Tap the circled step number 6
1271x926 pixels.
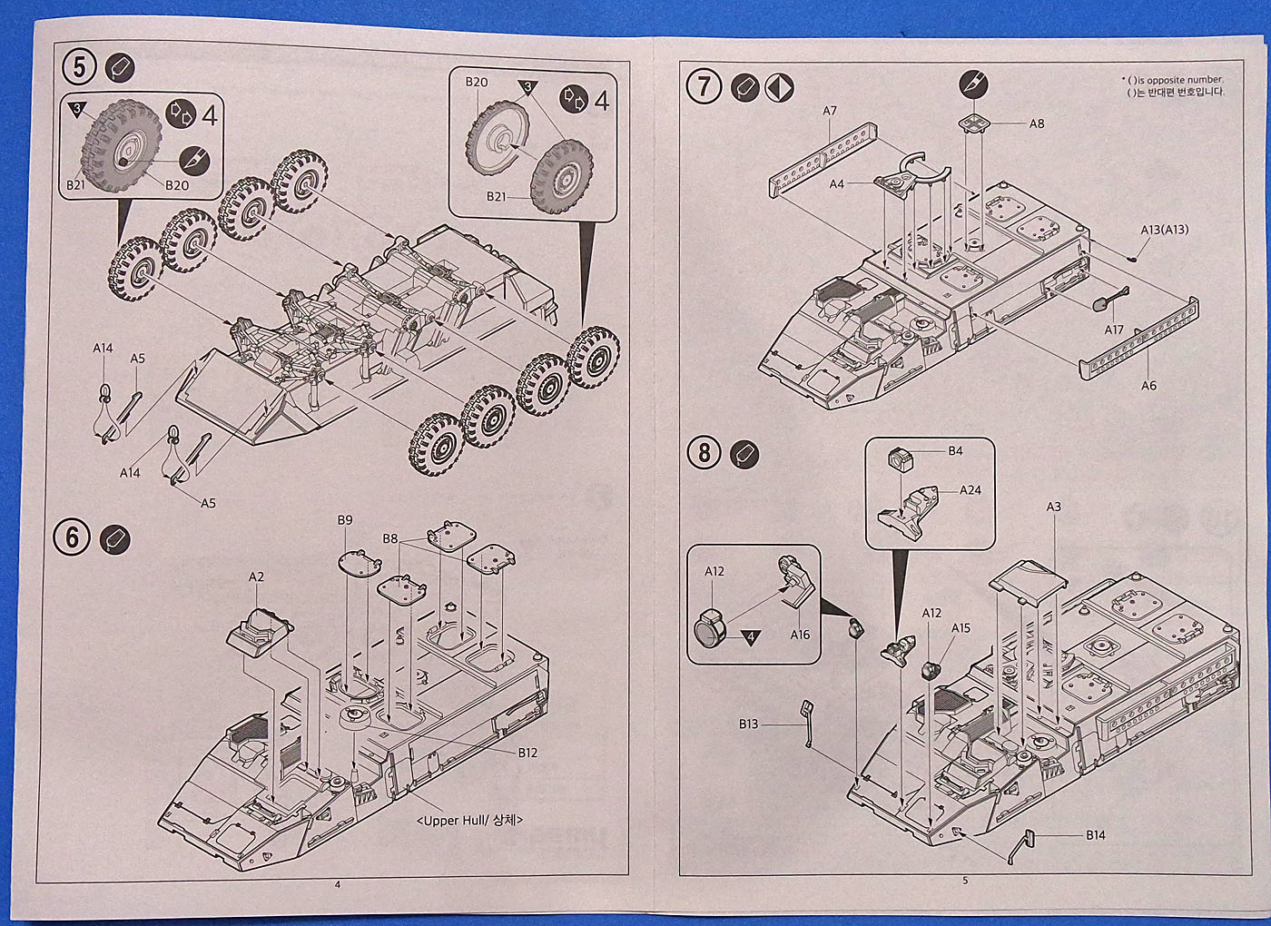pyautogui.click(x=73, y=537)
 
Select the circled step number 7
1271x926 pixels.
pyautogui.click(x=704, y=87)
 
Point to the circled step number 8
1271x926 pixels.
pyautogui.click(x=704, y=452)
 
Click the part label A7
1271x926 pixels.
pyautogui.click(x=830, y=111)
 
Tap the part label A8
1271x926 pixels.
pyautogui.click(x=1037, y=123)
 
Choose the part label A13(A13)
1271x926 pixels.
pyautogui.click(x=1164, y=230)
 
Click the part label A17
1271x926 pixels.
pyautogui.click(x=1114, y=330)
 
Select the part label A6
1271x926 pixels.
pyautogui.click(x=1148, y=386)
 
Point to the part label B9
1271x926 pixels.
pyautogui.click(x=345, y=520)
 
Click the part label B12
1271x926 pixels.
pyautogui.click(x=528, y=753)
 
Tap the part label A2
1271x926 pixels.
pyautogui.click(x=257, y=576)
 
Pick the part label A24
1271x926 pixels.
pyautogui.click(x=970, y=490)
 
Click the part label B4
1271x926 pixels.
pyautogui.click(x=955, y=450)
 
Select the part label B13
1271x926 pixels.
pyautogui.click(x=748, y=724)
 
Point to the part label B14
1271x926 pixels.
pyautogui.click(x=1095, y=835)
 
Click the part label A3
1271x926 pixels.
pyautogui.click(x=1053, y=507)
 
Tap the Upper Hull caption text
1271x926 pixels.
pyautogui.click(x=470, y=821)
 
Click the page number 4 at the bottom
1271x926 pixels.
pyautogui.click(x=338, y=885)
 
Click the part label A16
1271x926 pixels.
pyautogui.click(x=799, y=635)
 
